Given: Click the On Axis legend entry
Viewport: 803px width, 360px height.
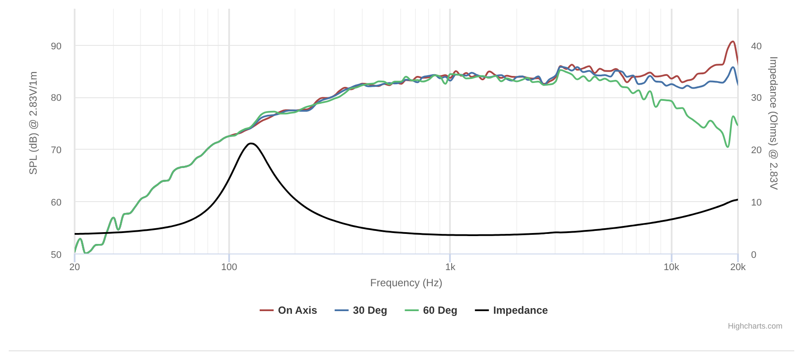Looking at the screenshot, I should (297, 310).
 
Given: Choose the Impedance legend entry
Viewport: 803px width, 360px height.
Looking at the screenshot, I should (520, 310).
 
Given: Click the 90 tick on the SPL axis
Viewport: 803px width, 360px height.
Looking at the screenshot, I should (56, 46).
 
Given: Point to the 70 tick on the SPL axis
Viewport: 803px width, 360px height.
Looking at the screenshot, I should (56, 150).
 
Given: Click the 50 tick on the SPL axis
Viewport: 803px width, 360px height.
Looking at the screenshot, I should (56, 254).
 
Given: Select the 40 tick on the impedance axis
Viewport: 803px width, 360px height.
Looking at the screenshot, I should (756, 46).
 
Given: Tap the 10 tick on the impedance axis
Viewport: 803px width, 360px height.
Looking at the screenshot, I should (756, 202).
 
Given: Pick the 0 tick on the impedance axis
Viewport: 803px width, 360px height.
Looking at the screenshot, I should (754, 254).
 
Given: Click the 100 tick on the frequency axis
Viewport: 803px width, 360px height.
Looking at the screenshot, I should (229, 267).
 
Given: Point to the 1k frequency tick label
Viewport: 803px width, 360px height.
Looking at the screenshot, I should (450, 267).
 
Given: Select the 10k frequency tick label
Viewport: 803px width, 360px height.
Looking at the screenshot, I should (671, 267).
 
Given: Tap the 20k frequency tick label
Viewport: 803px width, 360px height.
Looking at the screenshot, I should (738, 267).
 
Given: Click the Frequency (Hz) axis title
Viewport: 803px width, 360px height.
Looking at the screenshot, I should (406, 283).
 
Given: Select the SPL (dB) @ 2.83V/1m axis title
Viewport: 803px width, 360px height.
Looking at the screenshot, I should (33, 123).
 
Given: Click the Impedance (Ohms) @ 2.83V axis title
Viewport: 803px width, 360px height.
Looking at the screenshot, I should (773, 123).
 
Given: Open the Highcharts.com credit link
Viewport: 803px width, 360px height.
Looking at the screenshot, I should (755, 326).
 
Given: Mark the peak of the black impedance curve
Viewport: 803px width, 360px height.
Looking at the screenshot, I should (251, 143).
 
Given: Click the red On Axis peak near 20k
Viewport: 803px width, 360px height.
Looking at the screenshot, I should (733, 41).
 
